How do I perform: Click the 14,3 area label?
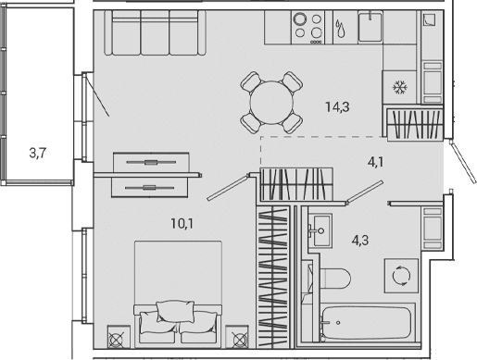pos(337,107)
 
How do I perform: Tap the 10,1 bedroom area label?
pos(182,223)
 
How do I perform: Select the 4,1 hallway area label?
pos(375,162)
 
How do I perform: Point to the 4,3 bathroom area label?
pos(360,240)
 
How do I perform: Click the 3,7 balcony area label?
pos(38,153)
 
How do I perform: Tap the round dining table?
pos(271,103)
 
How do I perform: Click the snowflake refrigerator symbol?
pos(400,87)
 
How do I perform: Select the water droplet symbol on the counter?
pos(340,29)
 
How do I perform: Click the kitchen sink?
pos(370,27)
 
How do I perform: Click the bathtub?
pos(366,323)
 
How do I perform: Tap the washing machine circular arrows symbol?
pos(401,276)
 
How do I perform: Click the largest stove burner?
pos(299,19)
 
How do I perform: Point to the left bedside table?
pos(119,337)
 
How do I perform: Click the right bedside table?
pos(237,337)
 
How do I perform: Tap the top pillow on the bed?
pos(175,311)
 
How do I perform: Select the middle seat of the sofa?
pos(155,32)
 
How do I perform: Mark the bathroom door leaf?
pos(365,192)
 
